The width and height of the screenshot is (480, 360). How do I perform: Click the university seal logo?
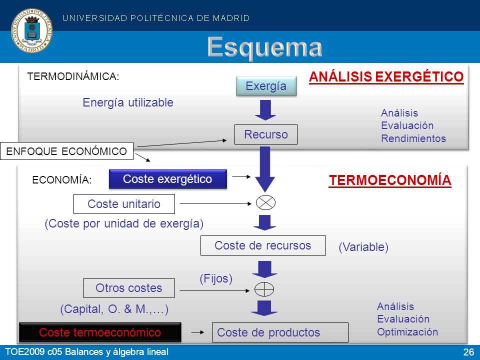(31, 30)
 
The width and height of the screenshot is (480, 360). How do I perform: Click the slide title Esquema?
(265, 47)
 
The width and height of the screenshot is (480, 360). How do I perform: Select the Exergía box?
(266, 86)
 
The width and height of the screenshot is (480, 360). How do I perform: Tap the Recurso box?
(265, 134)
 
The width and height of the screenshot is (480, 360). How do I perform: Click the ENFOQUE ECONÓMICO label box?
(66, 151)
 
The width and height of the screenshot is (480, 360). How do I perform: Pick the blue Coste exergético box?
(168, 179)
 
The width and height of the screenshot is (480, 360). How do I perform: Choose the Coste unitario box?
(124, 204)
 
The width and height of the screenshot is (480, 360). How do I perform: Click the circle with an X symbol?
(265, 202)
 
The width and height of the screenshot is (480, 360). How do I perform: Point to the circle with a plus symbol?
(264, 289)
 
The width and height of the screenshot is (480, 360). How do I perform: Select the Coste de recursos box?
(263, 245)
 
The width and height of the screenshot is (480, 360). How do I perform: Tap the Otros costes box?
(129, 288)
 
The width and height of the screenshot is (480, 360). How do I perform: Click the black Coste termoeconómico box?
(100, 332)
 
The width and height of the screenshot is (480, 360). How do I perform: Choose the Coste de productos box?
(280, 332)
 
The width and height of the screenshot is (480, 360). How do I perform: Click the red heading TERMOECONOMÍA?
(390, 180)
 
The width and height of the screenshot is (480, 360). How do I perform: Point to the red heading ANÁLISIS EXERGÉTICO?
(386, 76)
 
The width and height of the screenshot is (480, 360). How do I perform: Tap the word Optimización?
(407, 332)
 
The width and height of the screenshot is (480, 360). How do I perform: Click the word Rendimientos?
(413, 138)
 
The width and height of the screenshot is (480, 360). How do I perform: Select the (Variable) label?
(363, 247)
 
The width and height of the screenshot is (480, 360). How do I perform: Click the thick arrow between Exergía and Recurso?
(265, 110)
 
